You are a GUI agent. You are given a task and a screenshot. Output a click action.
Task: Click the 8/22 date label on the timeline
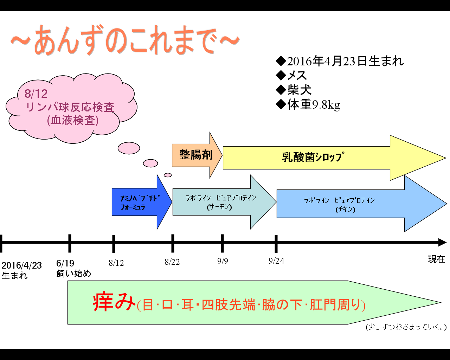coord(172,262)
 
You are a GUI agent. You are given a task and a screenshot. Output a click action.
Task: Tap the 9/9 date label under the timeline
coord(223,261)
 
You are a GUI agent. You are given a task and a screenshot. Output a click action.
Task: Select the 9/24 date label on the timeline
coord(276,261)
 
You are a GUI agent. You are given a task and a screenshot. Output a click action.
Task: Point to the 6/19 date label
coord(65,263)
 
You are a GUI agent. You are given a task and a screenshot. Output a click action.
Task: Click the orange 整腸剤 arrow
coord(197,155)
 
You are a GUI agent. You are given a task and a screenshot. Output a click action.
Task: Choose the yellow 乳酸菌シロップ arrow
coord(334,158)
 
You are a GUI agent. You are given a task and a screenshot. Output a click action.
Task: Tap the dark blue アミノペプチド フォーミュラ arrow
coord(142,202)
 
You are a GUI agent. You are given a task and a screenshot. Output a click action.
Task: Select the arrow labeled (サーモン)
coord(224,202)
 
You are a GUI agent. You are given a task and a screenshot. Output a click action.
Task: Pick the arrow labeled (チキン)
coord(362,204)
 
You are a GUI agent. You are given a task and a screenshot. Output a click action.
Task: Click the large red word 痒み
coord(114,302)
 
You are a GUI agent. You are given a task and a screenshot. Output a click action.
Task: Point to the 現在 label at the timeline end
coord(436,259)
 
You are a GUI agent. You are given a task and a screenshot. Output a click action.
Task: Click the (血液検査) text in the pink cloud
coord(73,121)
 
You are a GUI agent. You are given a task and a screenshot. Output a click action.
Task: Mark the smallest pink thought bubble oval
coord(167,175)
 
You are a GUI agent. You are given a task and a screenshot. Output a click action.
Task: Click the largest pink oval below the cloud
coord(129,148)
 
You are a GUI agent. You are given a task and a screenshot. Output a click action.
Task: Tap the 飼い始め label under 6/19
coord(73,274)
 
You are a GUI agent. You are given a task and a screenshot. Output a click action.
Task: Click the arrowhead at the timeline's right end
coord(443,243)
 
